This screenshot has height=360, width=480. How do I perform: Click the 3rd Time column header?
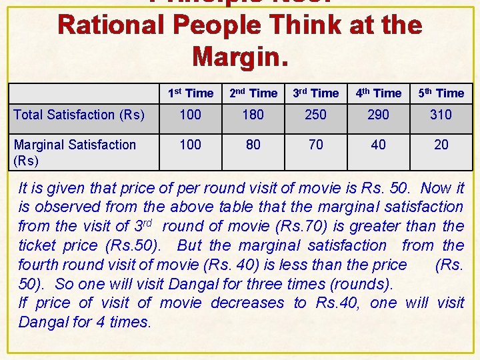click(315, 93)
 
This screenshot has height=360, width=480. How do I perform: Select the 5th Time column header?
click(441, 93)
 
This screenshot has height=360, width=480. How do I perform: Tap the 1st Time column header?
click(190, 93)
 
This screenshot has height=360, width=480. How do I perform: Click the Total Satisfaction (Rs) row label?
click(79, 115)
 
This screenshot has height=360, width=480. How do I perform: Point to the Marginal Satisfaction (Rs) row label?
click(75, 152)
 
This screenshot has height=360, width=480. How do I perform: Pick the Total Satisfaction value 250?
click(315, 115)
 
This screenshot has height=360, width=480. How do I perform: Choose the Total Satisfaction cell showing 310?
click(441, 115)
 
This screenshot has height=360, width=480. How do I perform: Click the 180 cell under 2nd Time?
click(253, 115)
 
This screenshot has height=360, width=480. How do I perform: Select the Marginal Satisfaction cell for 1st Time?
click(190, 145)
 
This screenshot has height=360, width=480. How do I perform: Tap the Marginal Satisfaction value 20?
click(441, 145)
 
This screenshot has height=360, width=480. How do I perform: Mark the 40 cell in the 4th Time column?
click(378, 145)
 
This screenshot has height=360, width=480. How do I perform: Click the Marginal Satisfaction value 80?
click(253, 145)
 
